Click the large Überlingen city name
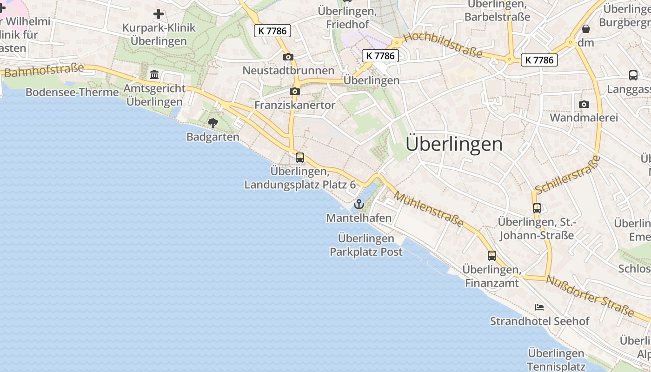454,144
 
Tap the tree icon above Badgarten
213,123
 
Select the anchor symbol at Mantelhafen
359,204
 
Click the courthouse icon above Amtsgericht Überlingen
154,74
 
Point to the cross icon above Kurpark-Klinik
159,14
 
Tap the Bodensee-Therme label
72,92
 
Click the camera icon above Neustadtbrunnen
288,57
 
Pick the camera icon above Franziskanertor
294,92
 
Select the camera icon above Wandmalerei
584,105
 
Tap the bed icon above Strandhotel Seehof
539,307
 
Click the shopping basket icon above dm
586,29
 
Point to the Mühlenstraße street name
429,210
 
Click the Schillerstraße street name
567,175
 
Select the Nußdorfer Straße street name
590,296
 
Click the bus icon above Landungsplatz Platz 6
300,158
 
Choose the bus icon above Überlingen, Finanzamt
492,256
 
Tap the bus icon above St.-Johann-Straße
537,208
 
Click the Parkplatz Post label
366,252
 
